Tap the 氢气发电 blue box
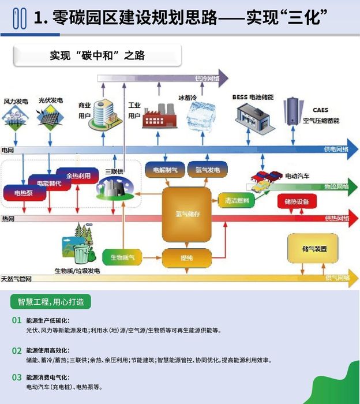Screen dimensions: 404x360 (206, 170)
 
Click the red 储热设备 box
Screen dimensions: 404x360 (297, 201)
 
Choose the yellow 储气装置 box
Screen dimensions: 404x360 (314, 249)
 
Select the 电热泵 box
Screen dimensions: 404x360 (24, 193)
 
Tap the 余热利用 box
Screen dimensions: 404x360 (78, 176)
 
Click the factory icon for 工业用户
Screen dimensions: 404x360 (157, 115)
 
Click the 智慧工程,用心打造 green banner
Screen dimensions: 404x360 (51, 302)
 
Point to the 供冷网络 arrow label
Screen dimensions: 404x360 (207, 78)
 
